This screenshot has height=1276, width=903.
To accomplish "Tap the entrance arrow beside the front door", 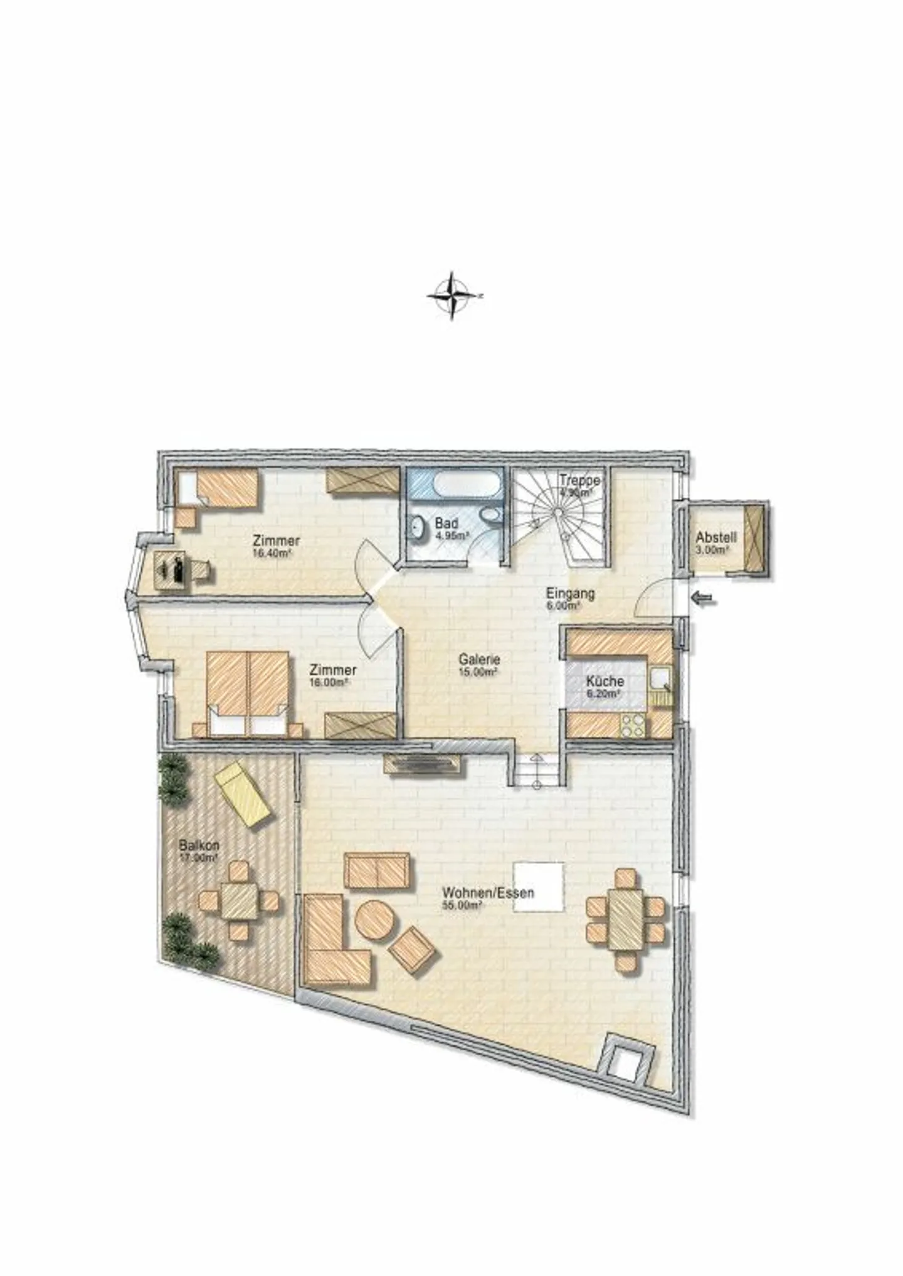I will [704, 600].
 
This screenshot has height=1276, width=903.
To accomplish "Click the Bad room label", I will [446, 523].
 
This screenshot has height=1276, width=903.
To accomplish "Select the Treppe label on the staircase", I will [579, 480].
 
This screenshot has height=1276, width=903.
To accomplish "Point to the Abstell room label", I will [716, 537].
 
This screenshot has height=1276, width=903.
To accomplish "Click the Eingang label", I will [570, 593].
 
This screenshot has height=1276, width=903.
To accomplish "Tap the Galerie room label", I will [479, 660].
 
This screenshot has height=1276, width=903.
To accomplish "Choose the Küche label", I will [605, 682].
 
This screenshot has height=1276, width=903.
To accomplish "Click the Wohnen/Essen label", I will [488, 892].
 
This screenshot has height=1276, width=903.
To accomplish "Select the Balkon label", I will [199, 846].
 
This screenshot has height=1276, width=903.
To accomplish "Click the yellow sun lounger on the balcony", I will [243, 794].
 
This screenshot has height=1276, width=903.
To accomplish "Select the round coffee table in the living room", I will [375, 920].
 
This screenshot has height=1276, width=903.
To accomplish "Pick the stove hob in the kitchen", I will [633, 725].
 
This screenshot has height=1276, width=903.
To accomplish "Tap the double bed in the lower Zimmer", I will [248, 693].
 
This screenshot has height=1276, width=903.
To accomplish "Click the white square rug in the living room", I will [538, 887].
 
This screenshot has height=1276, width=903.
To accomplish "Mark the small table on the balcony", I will [238, 901].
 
